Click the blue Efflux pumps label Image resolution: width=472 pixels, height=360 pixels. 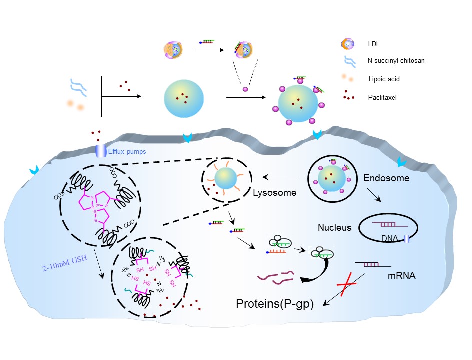click(127, 151)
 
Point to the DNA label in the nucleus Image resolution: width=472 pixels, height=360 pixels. click(389, 239)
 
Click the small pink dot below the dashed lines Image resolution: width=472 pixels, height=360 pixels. click(245, 89)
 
